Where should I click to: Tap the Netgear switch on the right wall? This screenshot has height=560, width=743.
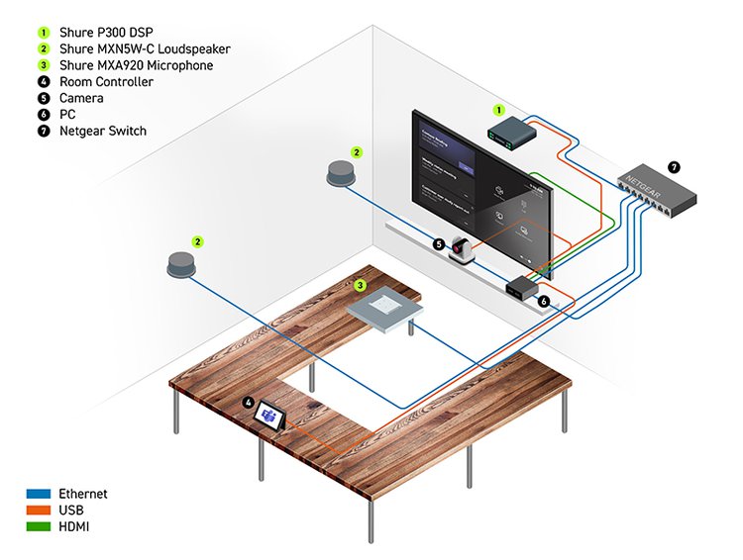tap(650, 187)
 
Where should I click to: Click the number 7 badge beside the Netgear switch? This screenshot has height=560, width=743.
tap(674, 167)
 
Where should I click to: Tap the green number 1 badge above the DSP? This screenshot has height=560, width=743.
tap(499, 110)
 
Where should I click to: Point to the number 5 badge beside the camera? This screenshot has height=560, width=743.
tap(438, 242)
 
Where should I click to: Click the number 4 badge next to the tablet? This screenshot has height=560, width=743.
tap(249, 404)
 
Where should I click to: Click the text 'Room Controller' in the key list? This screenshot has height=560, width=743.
tap(107, 82)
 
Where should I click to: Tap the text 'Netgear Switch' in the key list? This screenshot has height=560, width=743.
tap(103, 131)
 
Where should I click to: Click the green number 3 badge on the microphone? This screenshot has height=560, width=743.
tap(361, 285)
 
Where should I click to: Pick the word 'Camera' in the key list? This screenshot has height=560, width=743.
tap(81, 98)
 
